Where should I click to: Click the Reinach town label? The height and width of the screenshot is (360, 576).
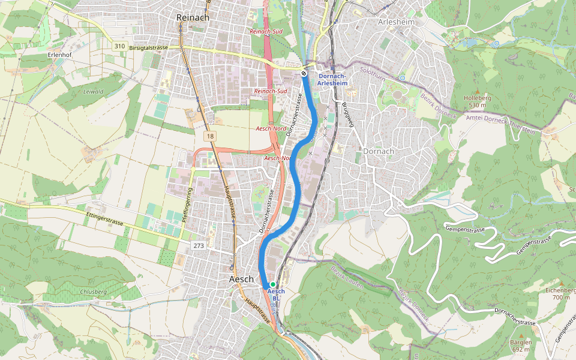pyautogui.click(x=193, y=18)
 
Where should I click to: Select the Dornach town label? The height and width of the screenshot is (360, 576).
pyautogui.click(x=379, y=151)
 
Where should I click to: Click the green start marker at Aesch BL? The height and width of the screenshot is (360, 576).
pyautogui.click(x=272, y=284)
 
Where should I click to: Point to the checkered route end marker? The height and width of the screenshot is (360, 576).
pyautogui.click(x=304, y=73)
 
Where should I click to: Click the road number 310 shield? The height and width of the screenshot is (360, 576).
pyautogui.click(x=120, y=46)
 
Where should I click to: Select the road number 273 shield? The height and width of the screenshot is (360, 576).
pyautogui.click(x=200, y=246)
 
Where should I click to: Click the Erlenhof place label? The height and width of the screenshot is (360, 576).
pyautogui.click(x=59, y=54)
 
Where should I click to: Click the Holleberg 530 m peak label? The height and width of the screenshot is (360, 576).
pyautogui.click(x=478, y=101)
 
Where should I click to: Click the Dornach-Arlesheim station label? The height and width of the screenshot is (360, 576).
pyautogui.click(x=331, y=79)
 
